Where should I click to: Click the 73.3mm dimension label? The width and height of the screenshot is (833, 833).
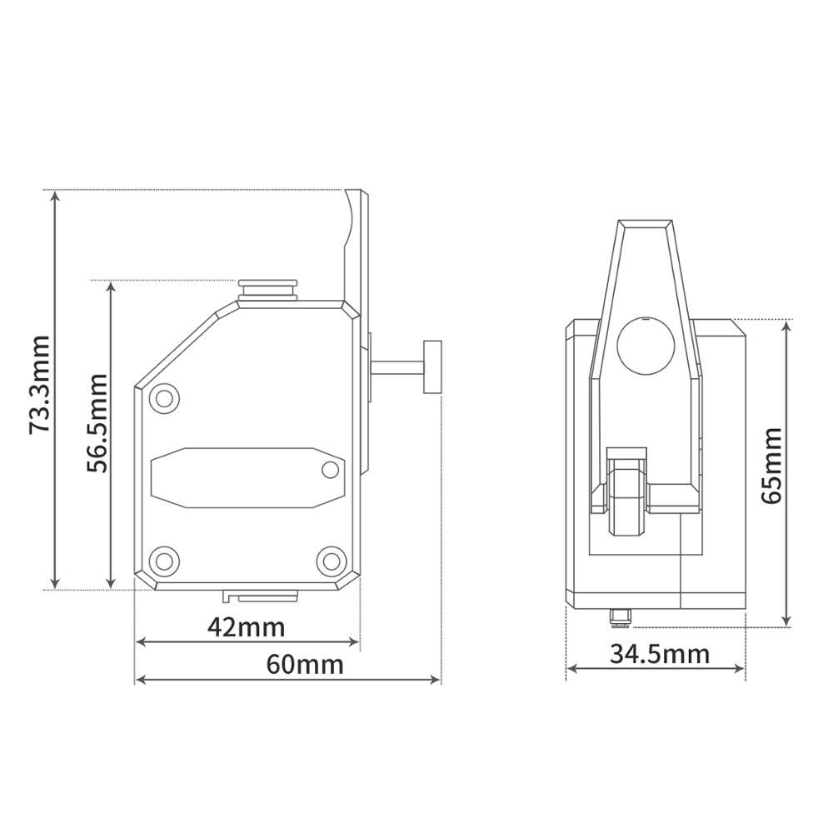(x=38, y=385)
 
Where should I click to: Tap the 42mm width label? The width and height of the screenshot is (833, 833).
(x=246, y=626)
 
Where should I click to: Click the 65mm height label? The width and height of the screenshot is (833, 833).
(x=771, y=465)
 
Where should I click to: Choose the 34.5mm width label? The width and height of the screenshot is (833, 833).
(x=660, y=654)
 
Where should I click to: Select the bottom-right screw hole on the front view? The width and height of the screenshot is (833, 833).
(x=332, y=557)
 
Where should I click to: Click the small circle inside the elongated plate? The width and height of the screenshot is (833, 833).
(x=331, y=470)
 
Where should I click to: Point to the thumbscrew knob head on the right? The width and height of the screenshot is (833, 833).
(x=432, y=366)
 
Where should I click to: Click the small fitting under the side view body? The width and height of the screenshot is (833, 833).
(x=620, y=617)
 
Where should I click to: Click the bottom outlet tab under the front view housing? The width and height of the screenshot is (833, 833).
(x=262, y=596)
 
